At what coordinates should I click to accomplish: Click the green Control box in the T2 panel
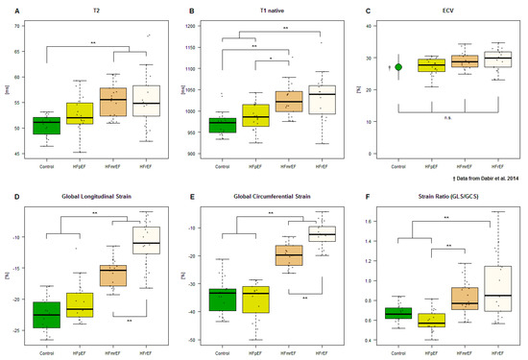[46, 126]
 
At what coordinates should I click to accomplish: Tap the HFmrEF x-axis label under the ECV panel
[465, 164]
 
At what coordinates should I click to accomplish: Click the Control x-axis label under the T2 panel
[46, 164]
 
